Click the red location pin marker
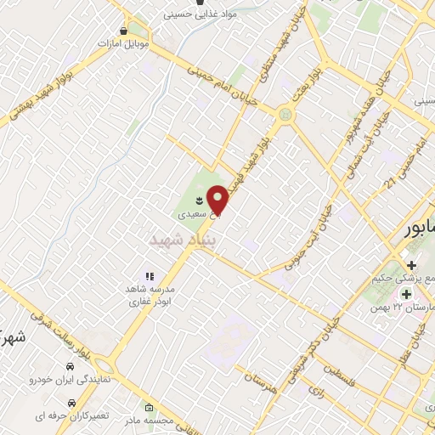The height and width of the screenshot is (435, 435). tap(219, 199)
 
